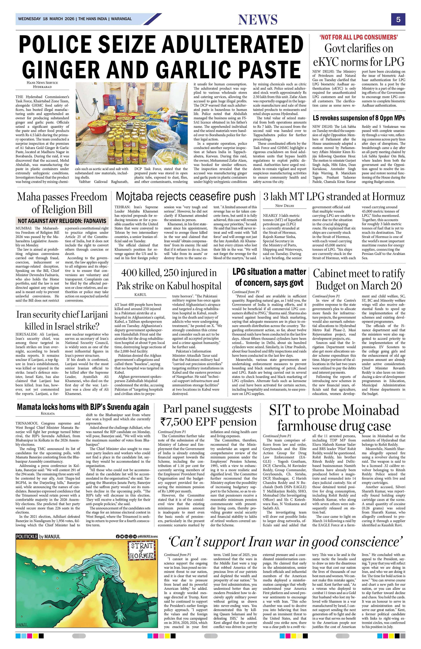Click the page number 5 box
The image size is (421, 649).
tap(398, 19)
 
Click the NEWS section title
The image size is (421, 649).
tap(258, 19)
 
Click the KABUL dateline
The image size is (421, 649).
tap(140, 295)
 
